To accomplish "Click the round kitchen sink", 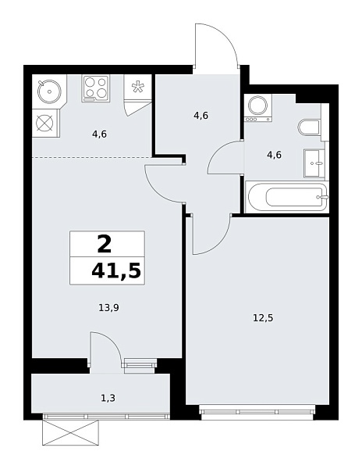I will (49, 91).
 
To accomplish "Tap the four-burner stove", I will (95, 88).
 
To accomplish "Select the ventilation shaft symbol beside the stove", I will (138, 88).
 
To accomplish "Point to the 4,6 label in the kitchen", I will (99, 134).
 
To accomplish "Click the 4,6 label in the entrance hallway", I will (201, 116).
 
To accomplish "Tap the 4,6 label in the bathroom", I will (274, 155).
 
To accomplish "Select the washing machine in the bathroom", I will (257, 108).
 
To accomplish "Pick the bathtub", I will (286, 196).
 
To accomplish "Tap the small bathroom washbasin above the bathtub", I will (315, 163).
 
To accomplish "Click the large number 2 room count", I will (104, 245).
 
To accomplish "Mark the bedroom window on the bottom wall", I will (258, 408).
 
